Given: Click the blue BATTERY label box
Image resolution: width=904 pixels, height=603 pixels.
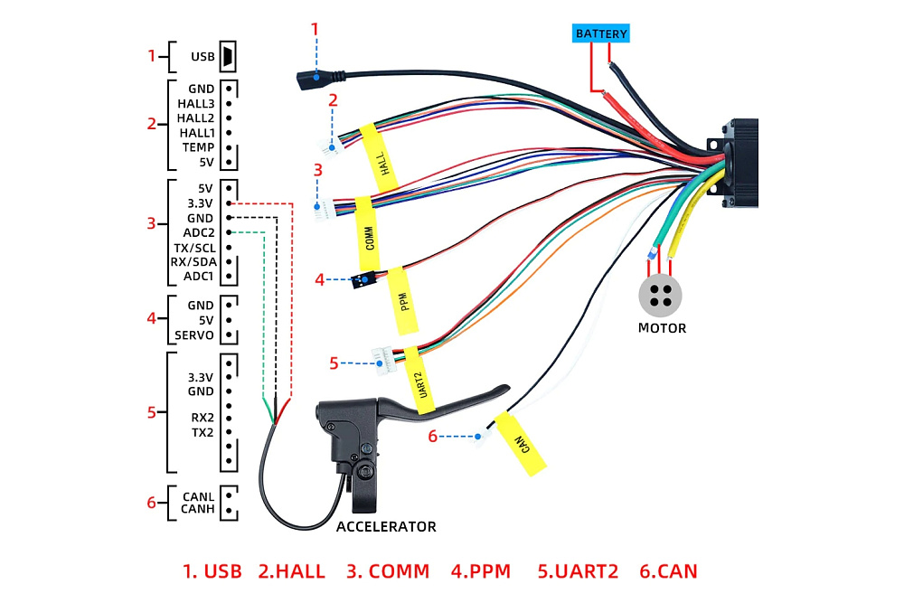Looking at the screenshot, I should (601, 34).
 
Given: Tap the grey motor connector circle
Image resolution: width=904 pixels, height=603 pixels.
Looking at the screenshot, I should (660, 295).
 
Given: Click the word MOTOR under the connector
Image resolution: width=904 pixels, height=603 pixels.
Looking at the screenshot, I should (662, 328).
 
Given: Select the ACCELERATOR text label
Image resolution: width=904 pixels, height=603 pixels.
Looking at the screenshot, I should (386, 526).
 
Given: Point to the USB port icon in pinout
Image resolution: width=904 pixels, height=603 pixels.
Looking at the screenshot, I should (228, 57).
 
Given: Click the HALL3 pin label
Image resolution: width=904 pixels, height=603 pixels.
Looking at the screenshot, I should (195, 104).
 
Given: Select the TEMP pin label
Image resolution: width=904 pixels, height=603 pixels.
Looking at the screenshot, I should (197, 147).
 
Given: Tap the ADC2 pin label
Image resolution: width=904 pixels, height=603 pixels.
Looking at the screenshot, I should (198, 232).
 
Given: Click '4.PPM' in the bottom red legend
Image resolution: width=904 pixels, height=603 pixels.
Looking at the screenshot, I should (480, 571).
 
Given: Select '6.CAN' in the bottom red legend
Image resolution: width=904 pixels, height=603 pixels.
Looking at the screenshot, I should (668, 571).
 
